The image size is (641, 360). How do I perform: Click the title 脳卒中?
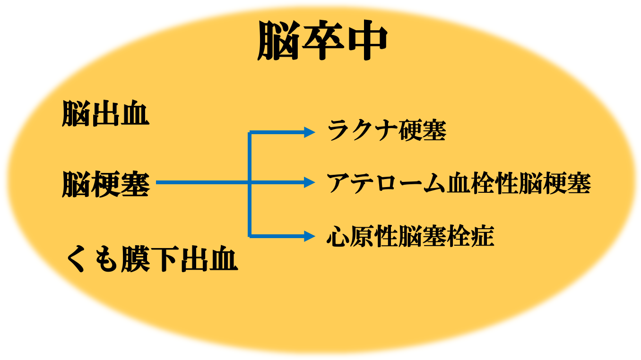point(322,40)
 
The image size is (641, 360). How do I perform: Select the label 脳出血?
point(105,113)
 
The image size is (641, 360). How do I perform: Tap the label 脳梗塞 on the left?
point(105,184)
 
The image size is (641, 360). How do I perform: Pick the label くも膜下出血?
point(152,259)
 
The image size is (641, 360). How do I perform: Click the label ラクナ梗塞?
point(387,130)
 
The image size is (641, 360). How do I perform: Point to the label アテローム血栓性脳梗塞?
point(459,183)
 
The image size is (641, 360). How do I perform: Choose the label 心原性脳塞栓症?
point(410,236)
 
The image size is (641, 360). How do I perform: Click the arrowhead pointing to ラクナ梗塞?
point(309,132)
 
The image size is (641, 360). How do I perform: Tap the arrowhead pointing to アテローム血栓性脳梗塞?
point(309,182)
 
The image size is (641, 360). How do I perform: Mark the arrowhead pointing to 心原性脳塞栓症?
point(309,236)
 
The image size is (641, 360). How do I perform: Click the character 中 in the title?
point(367,40)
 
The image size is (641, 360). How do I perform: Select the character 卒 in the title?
point(323,40)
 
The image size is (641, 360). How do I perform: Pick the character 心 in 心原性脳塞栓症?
point(338,236)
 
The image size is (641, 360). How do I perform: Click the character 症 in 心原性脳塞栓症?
point(483,236)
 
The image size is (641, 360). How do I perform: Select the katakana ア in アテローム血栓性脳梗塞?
point(338,183)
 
